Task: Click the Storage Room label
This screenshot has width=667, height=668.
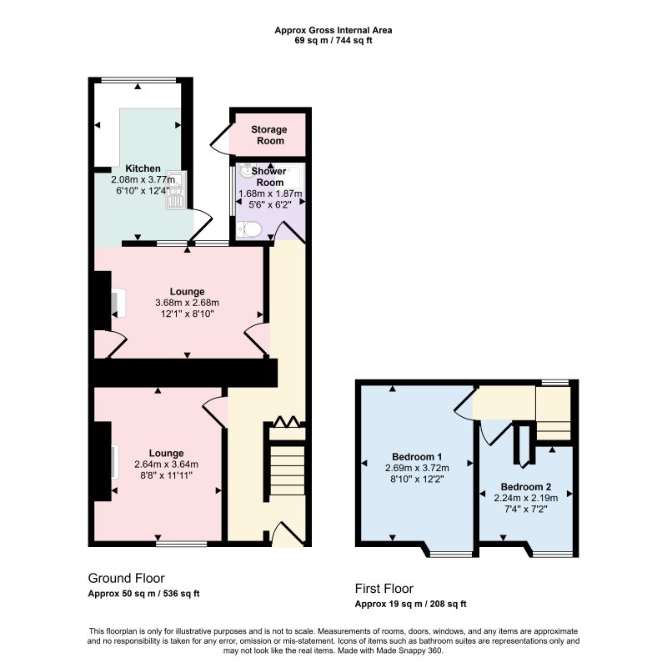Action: [x=268, y=135]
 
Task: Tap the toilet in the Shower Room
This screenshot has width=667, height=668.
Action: [x=248, y=229]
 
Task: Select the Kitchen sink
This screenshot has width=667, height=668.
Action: [x=174, y=190]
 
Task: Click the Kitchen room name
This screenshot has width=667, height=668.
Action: [x=143, y=168]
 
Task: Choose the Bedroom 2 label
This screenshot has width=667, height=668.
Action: [x=526, y=486]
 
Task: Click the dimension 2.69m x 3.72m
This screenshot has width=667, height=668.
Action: [x=417, y=468]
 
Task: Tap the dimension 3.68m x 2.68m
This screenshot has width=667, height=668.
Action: [x=187, y=303]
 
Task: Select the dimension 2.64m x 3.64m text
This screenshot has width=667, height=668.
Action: [x=166, y=465]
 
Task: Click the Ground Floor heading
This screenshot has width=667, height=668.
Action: [x=126, y=578]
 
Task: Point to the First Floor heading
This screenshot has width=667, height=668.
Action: [x=384, y=588]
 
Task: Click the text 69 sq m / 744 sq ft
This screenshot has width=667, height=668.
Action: [x=333, y=41]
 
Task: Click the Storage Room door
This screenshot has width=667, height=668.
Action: [x=221, y=137]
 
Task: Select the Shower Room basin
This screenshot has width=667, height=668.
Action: [x=246, y=170]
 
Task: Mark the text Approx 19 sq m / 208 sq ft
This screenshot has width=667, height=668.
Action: [x=410, y=604]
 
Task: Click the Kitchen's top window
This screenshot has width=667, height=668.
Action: [x=139, y=80]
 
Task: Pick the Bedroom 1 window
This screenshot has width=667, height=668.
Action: [x=451, y=554]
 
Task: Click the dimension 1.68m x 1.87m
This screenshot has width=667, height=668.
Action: [x=270, y=193]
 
